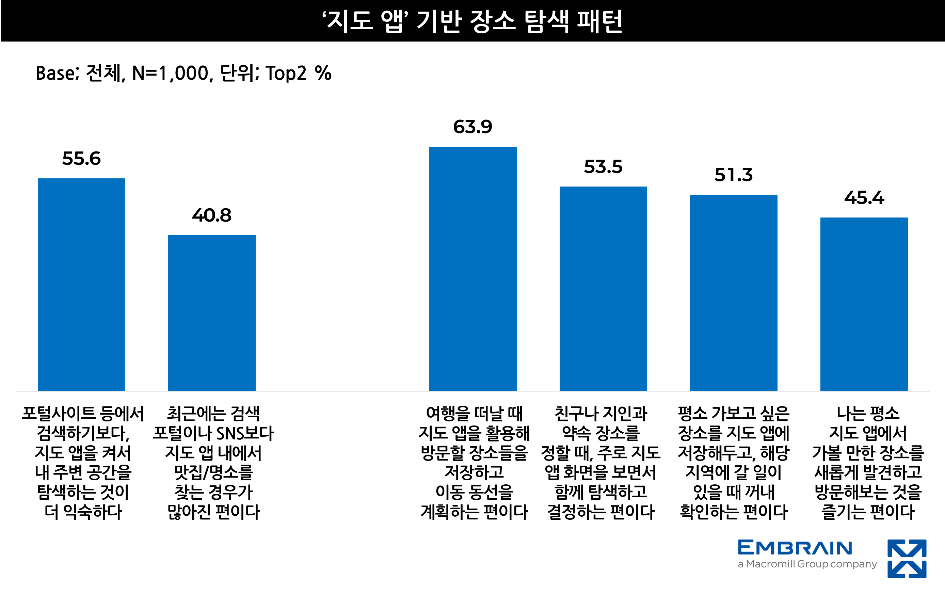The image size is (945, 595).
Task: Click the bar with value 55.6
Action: [81, 285]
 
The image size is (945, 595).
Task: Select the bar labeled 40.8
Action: [212, 313]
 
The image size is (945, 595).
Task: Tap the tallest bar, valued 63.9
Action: [473, 269]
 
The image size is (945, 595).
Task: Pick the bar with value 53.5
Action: [603, 288]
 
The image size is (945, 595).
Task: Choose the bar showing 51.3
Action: [734, 293]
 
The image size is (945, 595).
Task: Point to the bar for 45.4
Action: [864, 304]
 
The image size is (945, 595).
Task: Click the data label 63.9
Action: [472, 127]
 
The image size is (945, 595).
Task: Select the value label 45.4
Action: [864, 197]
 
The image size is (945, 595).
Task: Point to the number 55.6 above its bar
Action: [81, 159]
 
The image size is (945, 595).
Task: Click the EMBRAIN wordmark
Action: [795, 547]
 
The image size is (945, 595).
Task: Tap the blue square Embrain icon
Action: [907, 559]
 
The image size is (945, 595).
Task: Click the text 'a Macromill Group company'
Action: [807, 564]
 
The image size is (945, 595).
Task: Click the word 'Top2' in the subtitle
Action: [286, 74]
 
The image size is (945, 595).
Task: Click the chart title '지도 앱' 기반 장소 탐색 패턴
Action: [472, 21]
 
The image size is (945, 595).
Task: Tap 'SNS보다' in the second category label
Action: [245, 433]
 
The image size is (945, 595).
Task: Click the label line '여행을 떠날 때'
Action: [474, 413]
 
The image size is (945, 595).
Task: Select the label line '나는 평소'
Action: [868, 413]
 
